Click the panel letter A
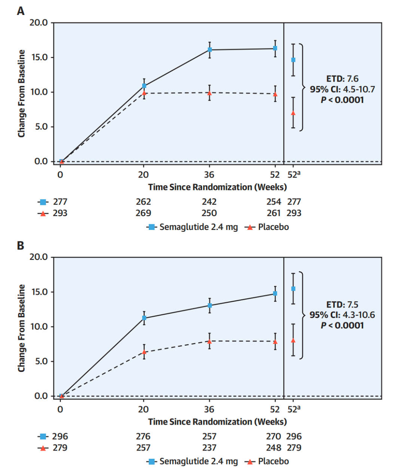tap(21, 11)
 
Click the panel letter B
tap(21, 246)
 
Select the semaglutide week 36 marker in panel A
tap(210, 50)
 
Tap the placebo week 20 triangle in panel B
tap(144, 352)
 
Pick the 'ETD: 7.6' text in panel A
tap(342, 79)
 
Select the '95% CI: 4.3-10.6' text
tap(342, 315)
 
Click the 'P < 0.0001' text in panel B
tap(342, 325)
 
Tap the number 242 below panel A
tap(209, 202)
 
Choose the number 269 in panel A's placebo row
tap(143, 213)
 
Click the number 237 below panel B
tap(209, 448)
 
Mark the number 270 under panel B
tap(273, 436)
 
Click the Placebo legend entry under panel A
tap(267, 227)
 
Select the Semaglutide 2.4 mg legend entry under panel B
tap(192, 461)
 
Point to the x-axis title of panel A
tap(217, 187)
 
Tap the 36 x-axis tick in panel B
tap(209, 409)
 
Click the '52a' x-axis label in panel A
tap(294, 175)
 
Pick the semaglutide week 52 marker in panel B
tap(275, 294)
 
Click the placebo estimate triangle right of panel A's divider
tap(293, 113)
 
